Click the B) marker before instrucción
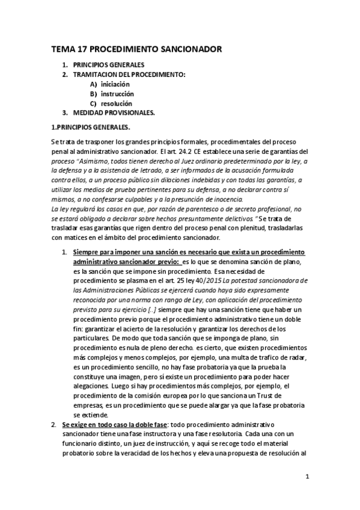click(x=93, y=94)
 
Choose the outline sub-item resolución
click(x=117, y=103)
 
